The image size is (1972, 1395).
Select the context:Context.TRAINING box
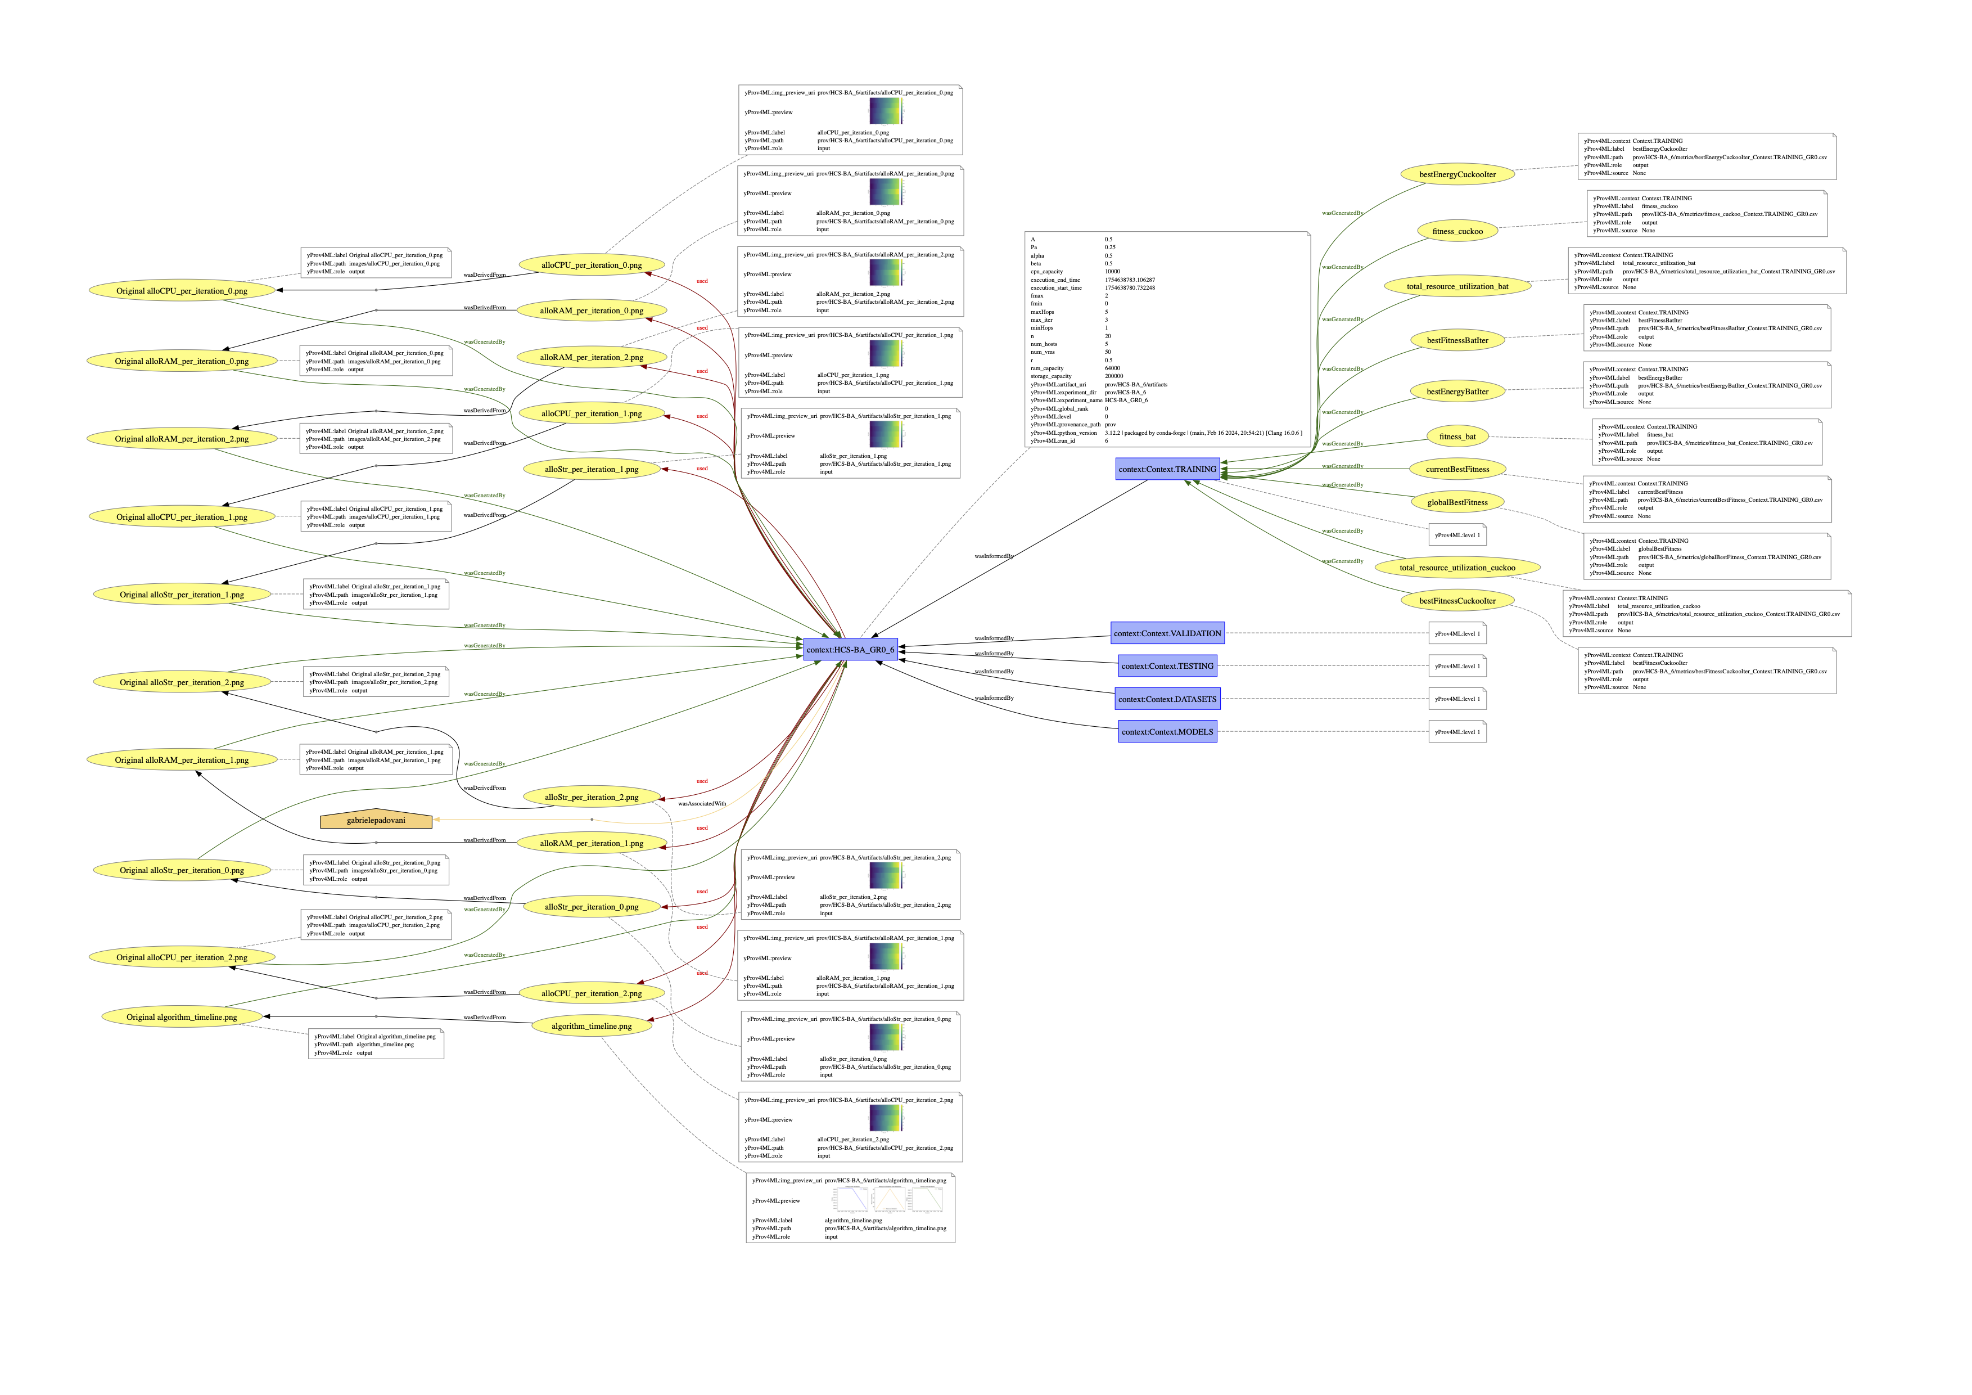click(1167, 469)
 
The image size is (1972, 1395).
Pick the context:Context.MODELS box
click(1167, 732)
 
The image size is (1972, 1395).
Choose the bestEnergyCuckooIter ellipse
click(1457, 174)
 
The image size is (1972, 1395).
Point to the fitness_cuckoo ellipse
click(1457, 231)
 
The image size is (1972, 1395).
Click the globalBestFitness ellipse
click(1457, 502)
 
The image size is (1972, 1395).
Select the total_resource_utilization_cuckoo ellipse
click(1457, 568)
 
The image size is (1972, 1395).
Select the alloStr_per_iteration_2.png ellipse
click(591, 797)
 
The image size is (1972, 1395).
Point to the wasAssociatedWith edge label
click(702, 804)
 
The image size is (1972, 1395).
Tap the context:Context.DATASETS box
click(1167, 699)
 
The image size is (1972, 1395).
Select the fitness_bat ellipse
click(1457, 436)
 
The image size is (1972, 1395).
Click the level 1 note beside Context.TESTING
click(1457, 667)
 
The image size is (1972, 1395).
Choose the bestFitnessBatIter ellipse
click(1457, 340)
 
